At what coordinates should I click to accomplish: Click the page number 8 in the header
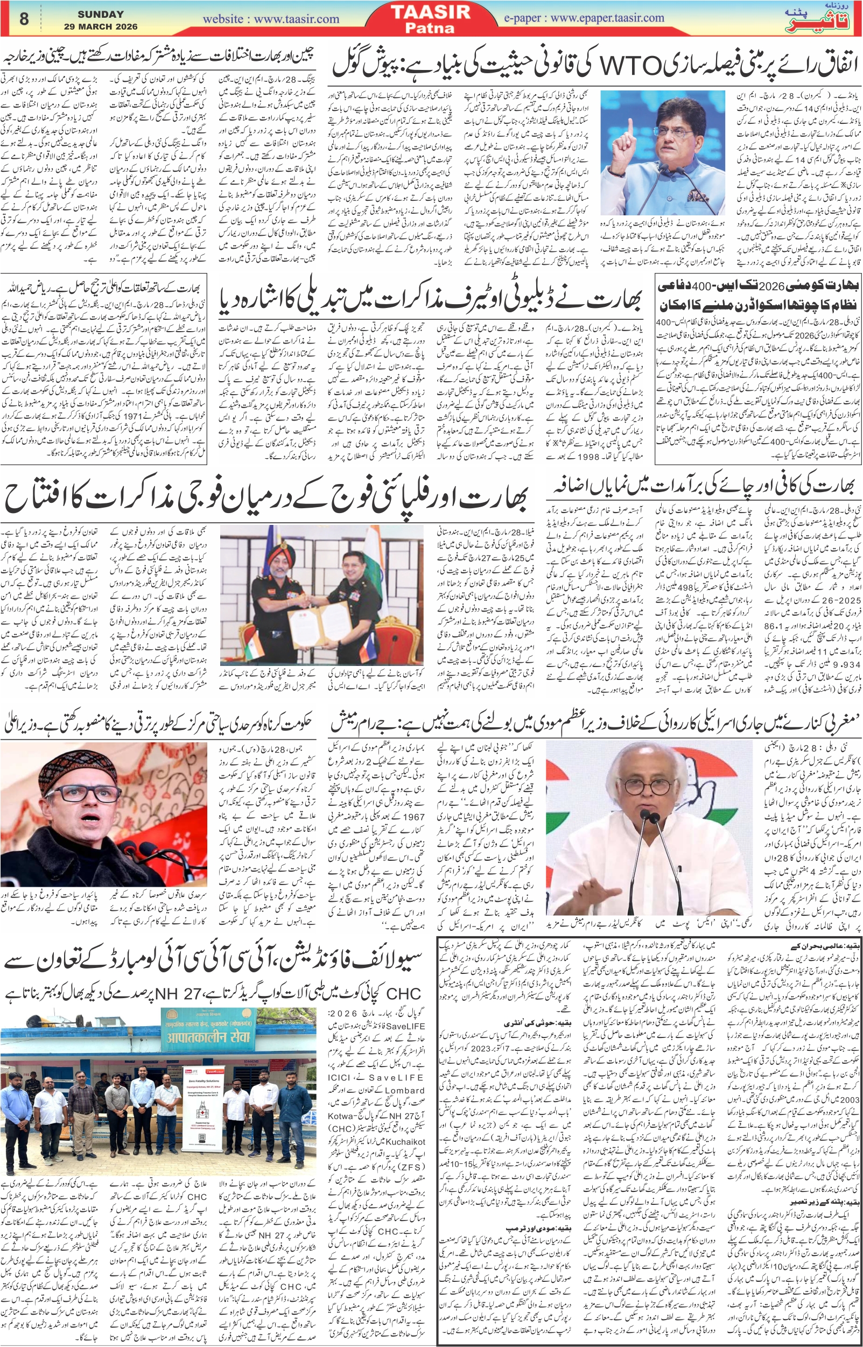pos(24,19)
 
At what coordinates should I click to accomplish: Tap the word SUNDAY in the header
pos(100,14)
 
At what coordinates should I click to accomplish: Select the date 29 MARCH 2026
pos(100,26)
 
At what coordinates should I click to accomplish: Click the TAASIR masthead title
pos(430,12)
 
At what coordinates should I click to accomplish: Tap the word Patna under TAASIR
pos(430,27)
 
